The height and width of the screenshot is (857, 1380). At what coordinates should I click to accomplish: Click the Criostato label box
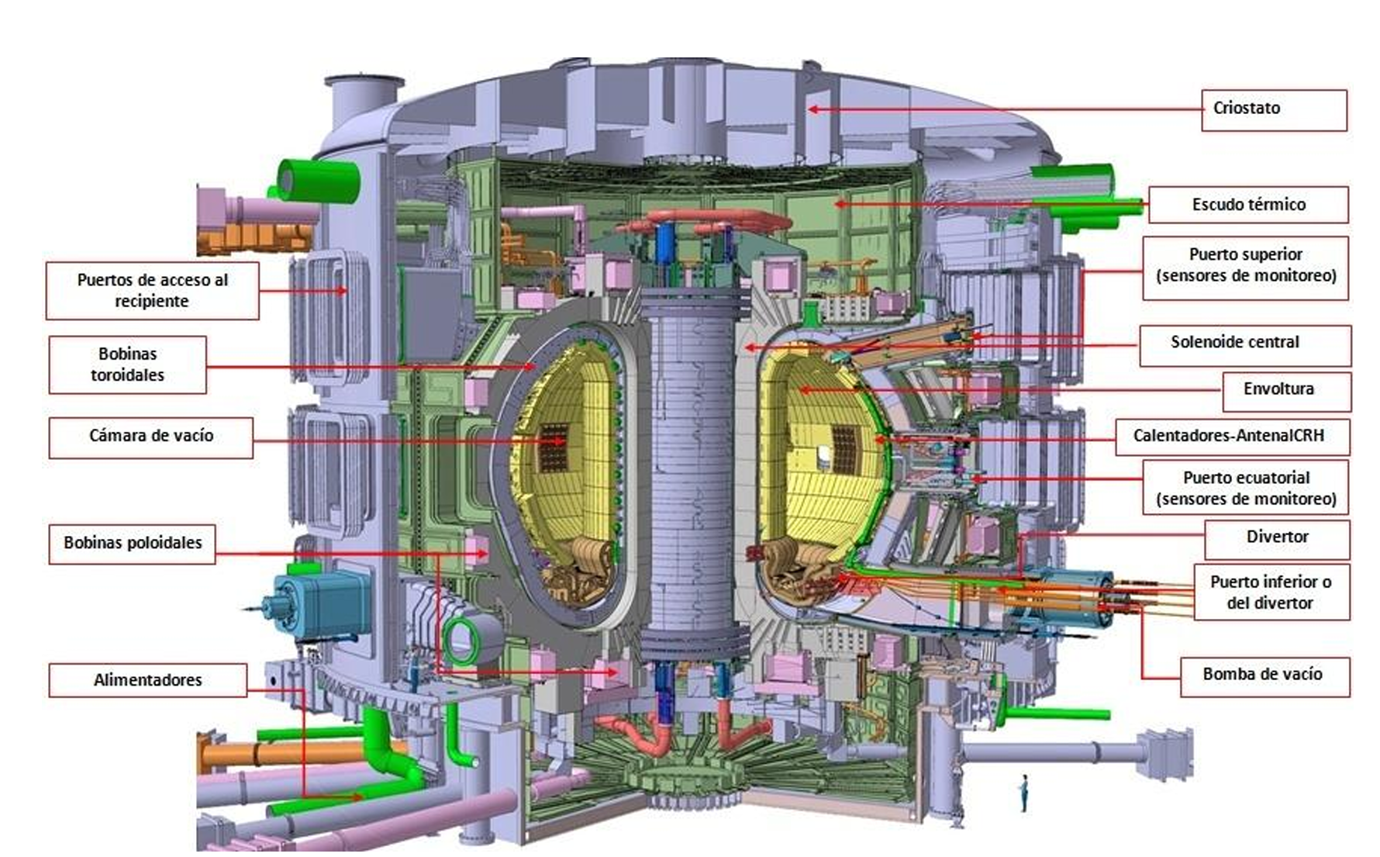(x=1275, y=110)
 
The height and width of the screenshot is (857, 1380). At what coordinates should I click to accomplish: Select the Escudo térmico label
(x=1248, y=205)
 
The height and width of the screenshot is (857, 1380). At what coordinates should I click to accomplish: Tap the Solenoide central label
(x=1245, y=346)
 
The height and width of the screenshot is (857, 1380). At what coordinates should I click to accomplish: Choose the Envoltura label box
(x=1287, y=392)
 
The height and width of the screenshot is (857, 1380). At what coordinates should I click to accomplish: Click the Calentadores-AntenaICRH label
(x=1232, y=437)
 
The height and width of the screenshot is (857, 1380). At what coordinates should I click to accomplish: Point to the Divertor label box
(x=1277, y=540)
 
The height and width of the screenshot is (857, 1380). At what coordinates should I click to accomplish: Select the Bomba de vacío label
(x=1264, y=676)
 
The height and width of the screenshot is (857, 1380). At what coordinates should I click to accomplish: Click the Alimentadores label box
(x=148, y=680)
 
